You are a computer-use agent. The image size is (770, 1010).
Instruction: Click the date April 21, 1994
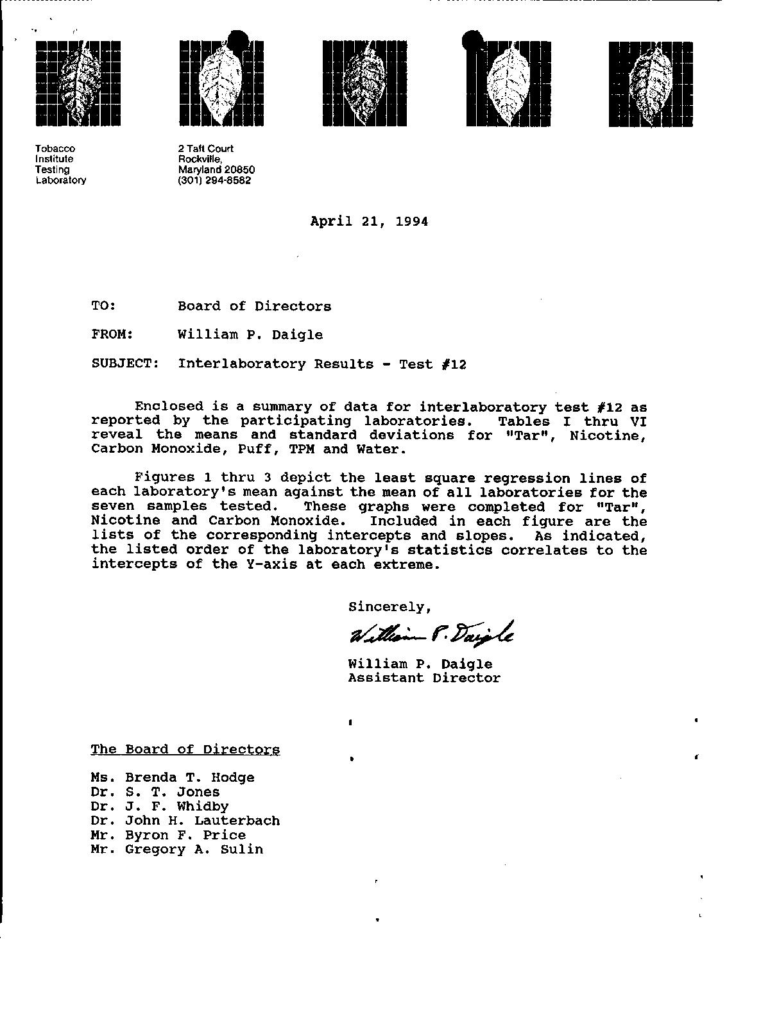click(369, 222)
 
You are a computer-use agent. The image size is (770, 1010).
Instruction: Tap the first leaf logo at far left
click(78, 83)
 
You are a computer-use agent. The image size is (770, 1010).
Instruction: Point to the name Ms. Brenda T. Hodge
click(173, 778)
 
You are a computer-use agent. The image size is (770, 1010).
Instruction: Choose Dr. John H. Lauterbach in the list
click(185, 821)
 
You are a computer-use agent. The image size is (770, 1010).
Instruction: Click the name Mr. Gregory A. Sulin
click(177, 850)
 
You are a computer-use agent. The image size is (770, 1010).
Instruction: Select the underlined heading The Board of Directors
click(185, 749)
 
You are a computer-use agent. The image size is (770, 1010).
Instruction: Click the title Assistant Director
click(424, 678)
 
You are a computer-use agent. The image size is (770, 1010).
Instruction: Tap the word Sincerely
click(389, 607)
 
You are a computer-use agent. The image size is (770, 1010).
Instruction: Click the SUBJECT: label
click(125, 364)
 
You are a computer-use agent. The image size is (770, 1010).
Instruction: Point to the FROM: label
click(112, 334)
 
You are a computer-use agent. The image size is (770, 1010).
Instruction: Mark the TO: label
click(103, 306)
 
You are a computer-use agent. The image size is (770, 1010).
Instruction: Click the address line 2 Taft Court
click(205, 149)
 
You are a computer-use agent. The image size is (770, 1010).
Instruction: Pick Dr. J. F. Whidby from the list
click(160, 807)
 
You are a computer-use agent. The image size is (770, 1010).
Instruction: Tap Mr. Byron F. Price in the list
click(168, 835)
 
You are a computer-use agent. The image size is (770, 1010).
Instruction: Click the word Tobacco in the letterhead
click(55, 149)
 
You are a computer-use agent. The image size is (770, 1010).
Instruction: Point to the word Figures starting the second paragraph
click(160, 478)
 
